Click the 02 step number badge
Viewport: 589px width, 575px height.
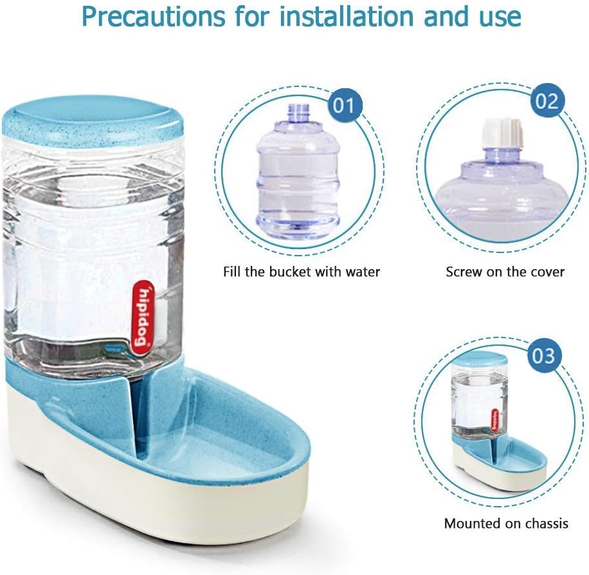pos(547,102)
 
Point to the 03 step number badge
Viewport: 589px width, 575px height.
pos(543,355)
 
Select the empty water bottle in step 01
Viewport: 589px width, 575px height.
pos(298,174)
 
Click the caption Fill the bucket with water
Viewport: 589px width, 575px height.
pos(302,272)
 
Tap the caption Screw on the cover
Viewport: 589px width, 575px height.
pos(505,272)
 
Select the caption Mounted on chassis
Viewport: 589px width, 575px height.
pos(506,523)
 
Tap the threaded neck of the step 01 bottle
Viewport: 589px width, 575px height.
pos(298,114)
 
